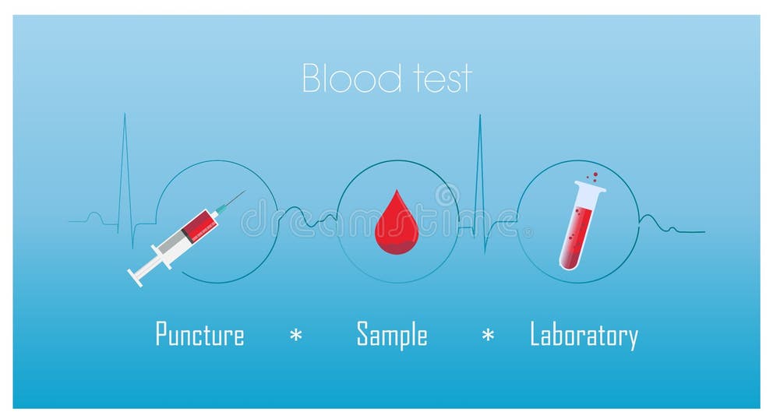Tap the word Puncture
coord(199,335)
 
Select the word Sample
coord(392,335)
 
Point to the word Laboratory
coord(584,336)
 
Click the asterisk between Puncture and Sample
coord(296,336)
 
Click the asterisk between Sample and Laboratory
coord(488,336)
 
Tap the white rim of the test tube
coord(591,187)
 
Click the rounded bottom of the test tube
coord(568,264)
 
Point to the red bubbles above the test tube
coord(592,177)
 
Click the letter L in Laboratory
coord(535,335)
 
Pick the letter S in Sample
coord(362,334)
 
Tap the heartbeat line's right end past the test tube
coord(703,231)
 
